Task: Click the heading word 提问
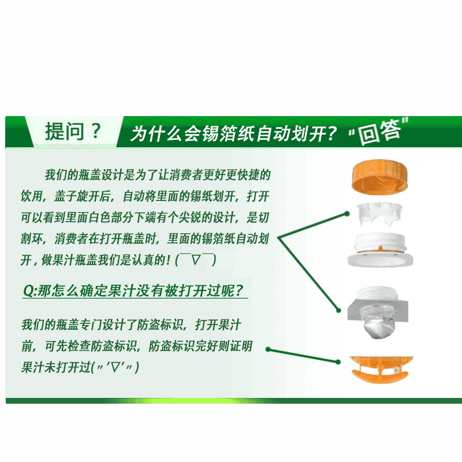pyautogui.click(x=65, y=132)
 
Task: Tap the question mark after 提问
pyautogui.click(x=95, y=132)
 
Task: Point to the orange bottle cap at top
pyautogui.click(x=380, y=177)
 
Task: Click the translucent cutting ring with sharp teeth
pyautogui.click(x=380, y=215)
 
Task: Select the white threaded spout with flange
pyautogui.click(x=380, y=249)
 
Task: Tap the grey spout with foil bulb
pyautogui.click(x=378, y=312)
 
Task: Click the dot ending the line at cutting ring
pyautogui.click(x=347, y=214)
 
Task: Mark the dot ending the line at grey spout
pyautogui.click(x=338, y=310)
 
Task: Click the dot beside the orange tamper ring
pyautogui.click(x=338, y=362)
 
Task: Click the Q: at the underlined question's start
pyautogui.click(x=31, y=291)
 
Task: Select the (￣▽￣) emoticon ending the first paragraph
pyautogui.click(x=196, y=259)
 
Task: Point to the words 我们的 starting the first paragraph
pyautogui.click(x=61, y=175)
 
